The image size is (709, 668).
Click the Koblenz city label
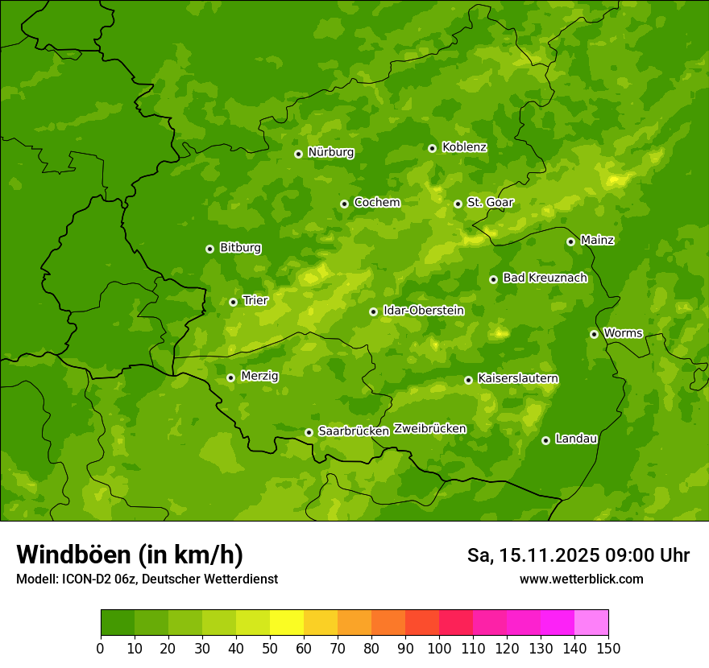click(465, 147)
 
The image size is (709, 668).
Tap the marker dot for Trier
click(234, 303)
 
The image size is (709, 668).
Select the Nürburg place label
click(331, 152)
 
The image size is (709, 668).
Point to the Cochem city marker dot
click(345, 204)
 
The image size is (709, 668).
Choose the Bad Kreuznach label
click(545, 278)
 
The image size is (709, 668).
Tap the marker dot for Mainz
click(571, 241)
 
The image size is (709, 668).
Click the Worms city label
click(623, 333)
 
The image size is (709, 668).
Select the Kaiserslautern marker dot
click(469, 380)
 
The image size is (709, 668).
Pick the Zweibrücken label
click(430, 429)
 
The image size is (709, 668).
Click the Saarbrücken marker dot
click(309, 432)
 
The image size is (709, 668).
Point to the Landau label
click(576, 439)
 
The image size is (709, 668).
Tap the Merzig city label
click(259, 376)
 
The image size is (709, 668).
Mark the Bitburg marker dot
click(210, 249)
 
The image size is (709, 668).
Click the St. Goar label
click(490, 203)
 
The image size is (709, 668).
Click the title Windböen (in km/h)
click(130, 555)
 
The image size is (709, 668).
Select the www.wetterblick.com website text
click(581, 579)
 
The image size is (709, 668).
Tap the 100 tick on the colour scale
click(439, 648)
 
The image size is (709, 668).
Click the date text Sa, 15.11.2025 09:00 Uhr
click(578, 555)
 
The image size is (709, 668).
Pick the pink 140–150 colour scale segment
click(591, 622)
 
